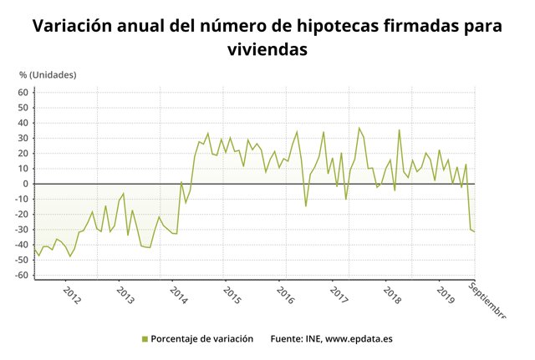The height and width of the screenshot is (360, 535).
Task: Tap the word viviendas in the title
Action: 267,49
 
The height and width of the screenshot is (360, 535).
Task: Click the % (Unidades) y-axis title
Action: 48,75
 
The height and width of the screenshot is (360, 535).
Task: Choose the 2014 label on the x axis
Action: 178,297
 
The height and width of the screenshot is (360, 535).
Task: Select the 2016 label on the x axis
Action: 286,297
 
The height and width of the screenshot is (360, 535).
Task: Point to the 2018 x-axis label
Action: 392,297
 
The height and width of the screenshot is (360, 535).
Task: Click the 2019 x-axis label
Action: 446,297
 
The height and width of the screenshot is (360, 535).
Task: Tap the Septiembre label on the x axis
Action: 487,301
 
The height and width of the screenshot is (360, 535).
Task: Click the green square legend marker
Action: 144,339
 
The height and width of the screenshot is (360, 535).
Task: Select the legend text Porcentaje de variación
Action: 203,339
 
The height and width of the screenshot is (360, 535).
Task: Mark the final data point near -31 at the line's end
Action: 475,231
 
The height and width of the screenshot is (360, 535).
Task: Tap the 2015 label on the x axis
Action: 232,297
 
